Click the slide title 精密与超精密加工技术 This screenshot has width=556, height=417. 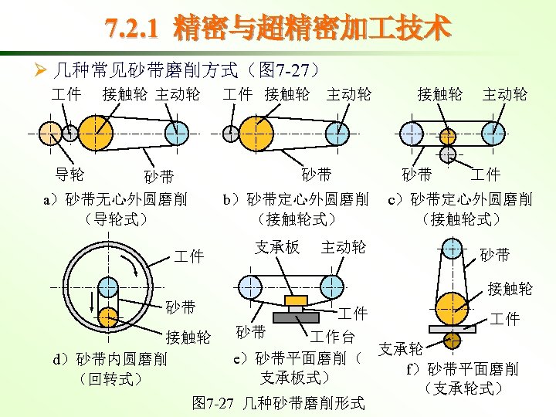[277, 29]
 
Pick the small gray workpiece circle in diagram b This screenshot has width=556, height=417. [230, 133]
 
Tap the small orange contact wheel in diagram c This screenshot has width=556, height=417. [447, 137]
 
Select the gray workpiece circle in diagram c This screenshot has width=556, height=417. [447, 154]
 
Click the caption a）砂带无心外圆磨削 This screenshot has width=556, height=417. [116, 200]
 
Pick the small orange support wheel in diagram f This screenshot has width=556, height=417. [450, 339]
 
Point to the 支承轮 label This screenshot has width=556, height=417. [402, 349]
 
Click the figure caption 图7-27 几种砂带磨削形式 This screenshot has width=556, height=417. [277, 403]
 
